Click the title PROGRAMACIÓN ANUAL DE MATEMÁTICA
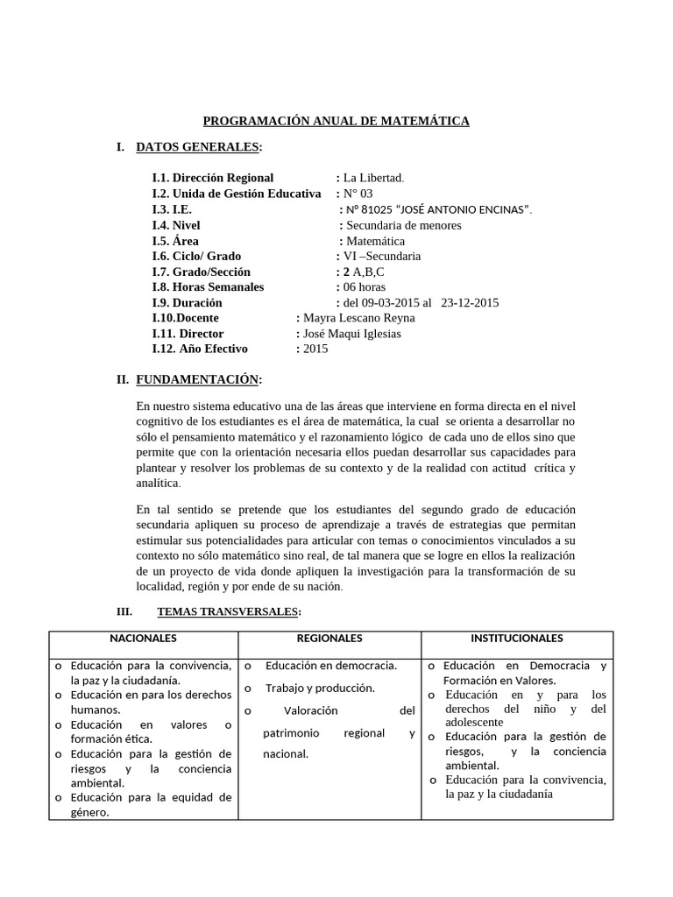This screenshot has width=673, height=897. click(336, 121)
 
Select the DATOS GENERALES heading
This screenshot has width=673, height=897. click(198, 146)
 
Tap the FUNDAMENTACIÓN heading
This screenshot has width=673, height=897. click(197, 379)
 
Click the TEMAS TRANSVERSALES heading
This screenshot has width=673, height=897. click(228, 611)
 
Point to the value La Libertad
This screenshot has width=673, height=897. click(374, 178)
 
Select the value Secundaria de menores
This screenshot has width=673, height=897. click(404, 225)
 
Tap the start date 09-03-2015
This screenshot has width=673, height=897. click(391, 303)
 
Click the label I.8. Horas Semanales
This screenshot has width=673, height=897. click(208, 287)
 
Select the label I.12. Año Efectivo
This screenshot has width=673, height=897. click(200, 349)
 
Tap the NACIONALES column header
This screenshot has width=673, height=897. click(143, 639)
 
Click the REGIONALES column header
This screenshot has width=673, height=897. click(329, 639)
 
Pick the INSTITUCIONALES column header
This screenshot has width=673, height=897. click(517, 639)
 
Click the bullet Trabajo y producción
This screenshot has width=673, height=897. click(320, 688)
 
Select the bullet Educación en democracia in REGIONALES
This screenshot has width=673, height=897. click(331, 666)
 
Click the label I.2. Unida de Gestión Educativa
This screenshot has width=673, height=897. click(236, 194)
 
